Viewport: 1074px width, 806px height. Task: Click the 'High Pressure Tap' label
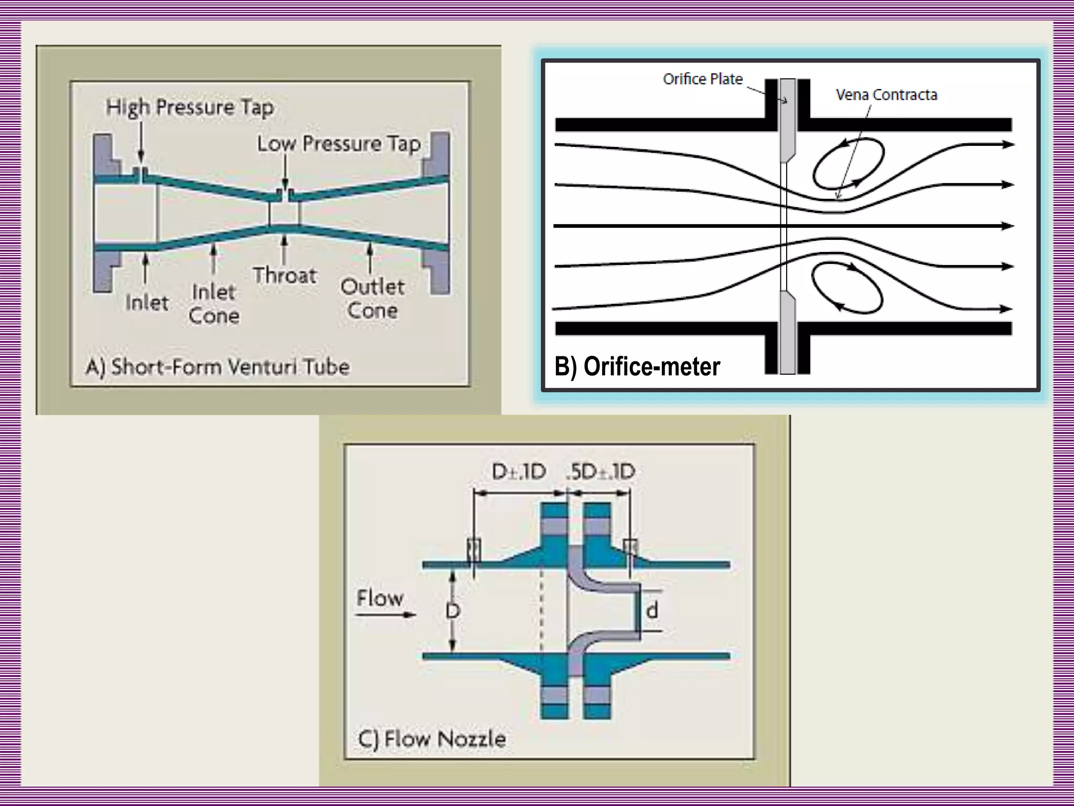point(190,107)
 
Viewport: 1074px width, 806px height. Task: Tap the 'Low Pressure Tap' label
point(339,144)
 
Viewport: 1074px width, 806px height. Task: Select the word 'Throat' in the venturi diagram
point(285,275)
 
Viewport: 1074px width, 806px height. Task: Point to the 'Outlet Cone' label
point(372,298)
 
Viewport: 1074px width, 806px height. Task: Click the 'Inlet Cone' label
point(213,303)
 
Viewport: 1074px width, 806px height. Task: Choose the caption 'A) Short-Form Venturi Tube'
point(218,366)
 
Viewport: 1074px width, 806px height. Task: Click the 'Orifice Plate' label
point(703,79)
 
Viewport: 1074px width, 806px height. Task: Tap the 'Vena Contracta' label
point(886,95)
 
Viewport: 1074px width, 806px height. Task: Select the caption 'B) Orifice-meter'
point(637,366)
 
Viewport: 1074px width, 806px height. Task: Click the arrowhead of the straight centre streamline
point(1007,226)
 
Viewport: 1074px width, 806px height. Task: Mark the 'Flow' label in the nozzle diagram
point(380,598)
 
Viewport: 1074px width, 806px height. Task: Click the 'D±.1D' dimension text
point(519,471)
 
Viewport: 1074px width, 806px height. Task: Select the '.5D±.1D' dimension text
point(601,471)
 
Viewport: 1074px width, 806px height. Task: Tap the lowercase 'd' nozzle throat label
point(652,610)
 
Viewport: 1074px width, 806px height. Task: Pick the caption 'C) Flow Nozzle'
point(432,739)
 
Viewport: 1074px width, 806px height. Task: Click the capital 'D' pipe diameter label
point(453,610)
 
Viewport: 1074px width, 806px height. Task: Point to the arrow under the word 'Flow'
point(386,614)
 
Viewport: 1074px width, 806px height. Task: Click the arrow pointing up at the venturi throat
point(285,249)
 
